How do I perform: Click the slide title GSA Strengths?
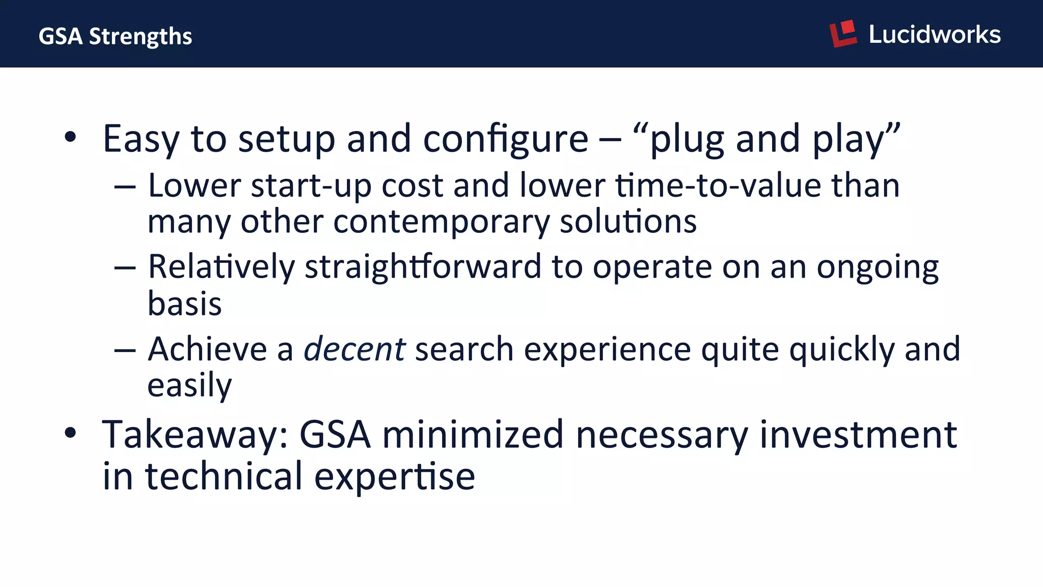(115, 36)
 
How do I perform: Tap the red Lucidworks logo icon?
(843, 34)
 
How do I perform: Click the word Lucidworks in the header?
(935, 35)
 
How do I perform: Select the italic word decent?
(354, 350)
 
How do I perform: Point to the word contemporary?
(441, 222)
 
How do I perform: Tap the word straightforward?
(423, 266)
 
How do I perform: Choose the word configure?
(506, 139)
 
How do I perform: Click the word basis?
(184, 304)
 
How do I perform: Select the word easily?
(189, 386)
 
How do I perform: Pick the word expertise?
(395, 477)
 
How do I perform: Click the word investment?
(858, 435)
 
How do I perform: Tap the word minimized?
(473, 435)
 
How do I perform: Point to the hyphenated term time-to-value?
(719, 185)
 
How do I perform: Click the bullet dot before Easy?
(70, 137)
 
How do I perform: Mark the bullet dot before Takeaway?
(70, 433)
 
